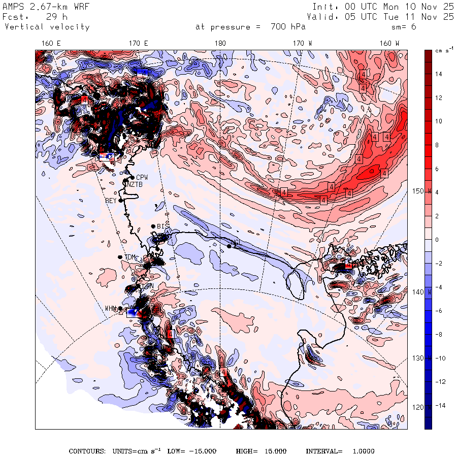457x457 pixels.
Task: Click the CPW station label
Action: pyautogui.click(x=142, y=177)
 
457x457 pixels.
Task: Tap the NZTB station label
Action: pyautogui.click(x=135, y=184)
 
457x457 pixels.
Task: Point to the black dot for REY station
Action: pyautogui.click(x=121, y=200)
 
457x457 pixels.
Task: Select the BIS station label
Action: pyautogui.click(x=162, y=226)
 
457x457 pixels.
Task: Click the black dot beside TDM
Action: pyautogui.click(x=120, y=257)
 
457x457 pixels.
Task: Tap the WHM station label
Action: pyautogui.click(x=111, y=308)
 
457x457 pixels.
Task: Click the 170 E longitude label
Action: pyautogui.click(x=139, y=44)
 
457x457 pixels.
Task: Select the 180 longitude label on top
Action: pyautogui.click(x=220, y=44)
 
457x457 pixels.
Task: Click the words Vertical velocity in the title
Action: pyautogui.click(x=47, y=27)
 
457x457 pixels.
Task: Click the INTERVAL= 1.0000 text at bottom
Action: pyautogui.click(x=340, y=451)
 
